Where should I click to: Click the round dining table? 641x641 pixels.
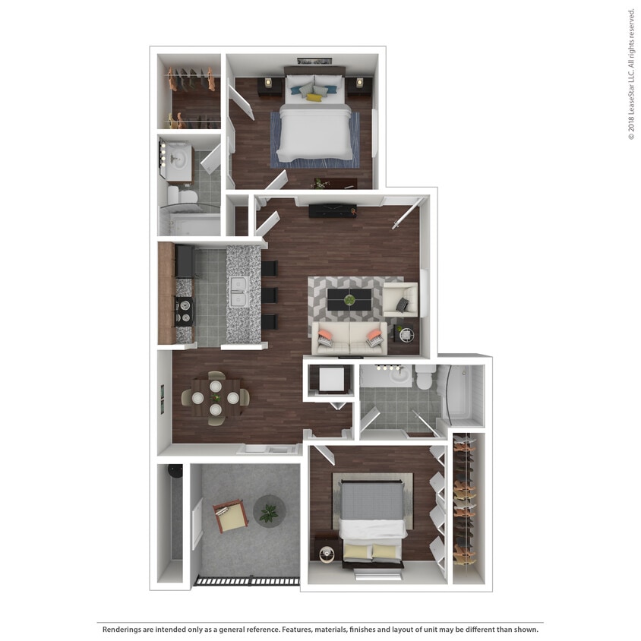[216, 397]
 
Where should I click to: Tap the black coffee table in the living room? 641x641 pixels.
[349, 299]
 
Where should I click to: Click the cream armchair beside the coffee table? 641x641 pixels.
[399, 299]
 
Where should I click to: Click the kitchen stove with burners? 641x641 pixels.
[185, 310]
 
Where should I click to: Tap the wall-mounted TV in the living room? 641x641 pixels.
[332, 210]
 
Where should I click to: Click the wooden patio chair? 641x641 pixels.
[231, 516]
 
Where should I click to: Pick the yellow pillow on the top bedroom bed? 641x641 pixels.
[314, 97]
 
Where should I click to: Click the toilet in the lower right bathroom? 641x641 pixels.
[425, 375]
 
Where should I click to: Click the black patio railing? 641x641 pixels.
[246, 581]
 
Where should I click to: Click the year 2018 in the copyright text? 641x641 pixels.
[631, 122]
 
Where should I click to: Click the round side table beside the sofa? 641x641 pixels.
[404, 333]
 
